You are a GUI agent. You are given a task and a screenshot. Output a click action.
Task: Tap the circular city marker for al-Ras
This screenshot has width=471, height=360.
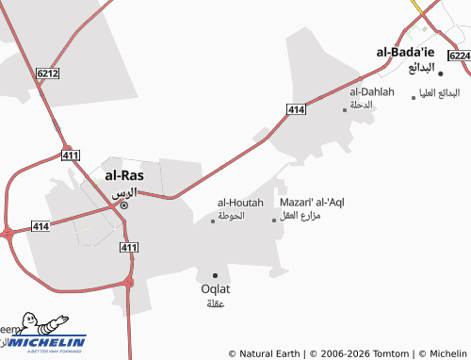(123, 205)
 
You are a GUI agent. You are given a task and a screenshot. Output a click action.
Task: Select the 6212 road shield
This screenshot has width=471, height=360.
(48, 72)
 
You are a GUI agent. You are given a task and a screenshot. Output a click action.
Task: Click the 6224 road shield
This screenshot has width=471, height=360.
(459, 57)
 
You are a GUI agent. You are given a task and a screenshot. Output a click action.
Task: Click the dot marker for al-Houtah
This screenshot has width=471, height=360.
(213, 221)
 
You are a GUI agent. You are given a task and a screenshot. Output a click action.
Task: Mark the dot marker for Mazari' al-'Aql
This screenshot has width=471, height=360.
(275, 221)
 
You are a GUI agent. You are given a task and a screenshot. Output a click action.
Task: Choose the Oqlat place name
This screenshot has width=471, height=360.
(216, 288)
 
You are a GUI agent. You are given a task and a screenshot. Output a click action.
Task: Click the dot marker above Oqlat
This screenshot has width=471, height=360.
(216, 275)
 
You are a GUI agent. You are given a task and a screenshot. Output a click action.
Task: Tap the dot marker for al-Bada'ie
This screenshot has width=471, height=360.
(440, 73)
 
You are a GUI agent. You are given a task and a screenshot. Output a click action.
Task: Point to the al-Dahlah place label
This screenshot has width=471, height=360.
(372, 92)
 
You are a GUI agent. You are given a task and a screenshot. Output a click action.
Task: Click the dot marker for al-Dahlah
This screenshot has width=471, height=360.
(345, 109)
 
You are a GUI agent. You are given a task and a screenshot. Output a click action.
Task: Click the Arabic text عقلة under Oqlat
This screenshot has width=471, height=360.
(216, 303)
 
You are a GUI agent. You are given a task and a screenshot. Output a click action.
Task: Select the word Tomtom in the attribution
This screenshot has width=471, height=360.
(393, 353)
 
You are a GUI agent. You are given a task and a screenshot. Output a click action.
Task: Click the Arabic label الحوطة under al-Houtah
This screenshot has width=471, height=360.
(231, 216)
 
